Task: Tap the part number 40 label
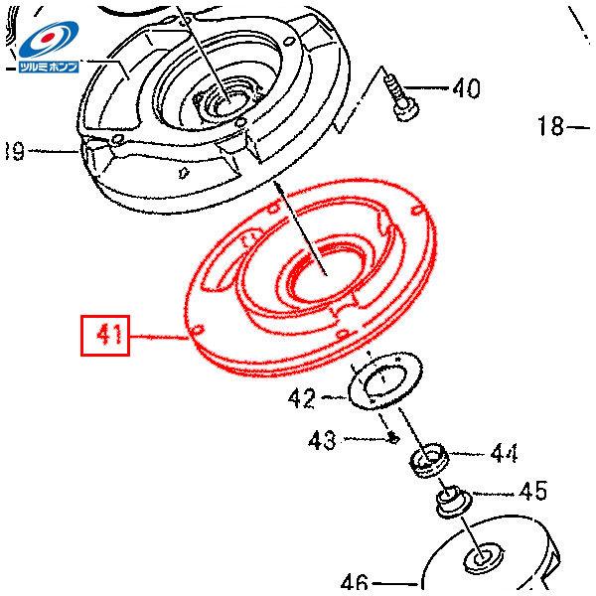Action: coord(465,89)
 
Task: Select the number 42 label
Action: coord(302,399)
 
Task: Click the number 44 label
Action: coord(504,454)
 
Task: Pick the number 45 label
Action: coord(532,491)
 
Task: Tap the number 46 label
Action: coord(355,583)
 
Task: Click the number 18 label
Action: coord(551,126)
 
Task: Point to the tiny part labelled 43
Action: coord(394,434)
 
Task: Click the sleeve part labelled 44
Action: coord(429,461)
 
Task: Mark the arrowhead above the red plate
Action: coord(281,189)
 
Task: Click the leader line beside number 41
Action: coord(159,337)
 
